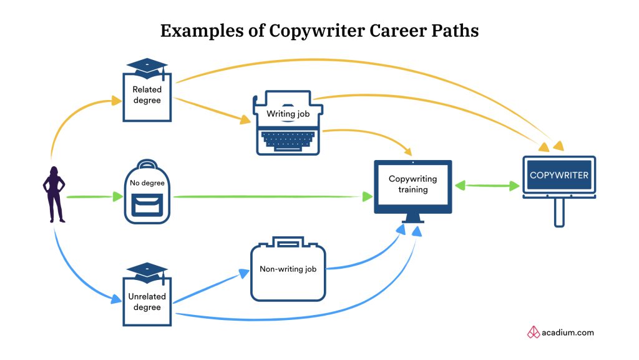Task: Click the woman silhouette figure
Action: [x=54, y=194]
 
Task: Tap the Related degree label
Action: [x=147, y=95]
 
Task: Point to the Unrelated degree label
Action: [x=147, y=302]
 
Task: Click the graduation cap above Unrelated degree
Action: [x=147, y=271]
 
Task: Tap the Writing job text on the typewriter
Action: [x=288, y=114]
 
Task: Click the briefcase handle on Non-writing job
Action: [x=288, y=241]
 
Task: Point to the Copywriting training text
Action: [x=412, y=184]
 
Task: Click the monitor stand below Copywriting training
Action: [x=412, y=219]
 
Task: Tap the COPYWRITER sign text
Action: [x=559, y=175]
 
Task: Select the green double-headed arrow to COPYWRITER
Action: [x=487, y=186]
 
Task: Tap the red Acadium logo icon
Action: [x=534, y=332]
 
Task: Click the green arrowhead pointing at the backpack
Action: [x=117, y=197]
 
